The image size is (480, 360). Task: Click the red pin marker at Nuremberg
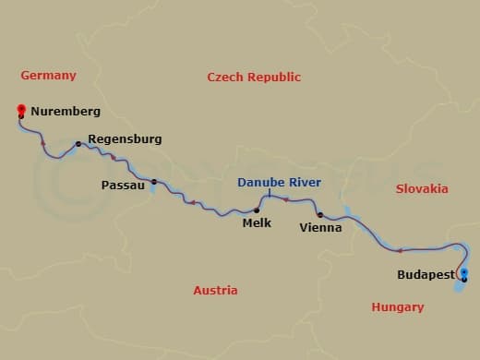pos(20,111)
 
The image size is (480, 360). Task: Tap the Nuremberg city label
pos(65,112)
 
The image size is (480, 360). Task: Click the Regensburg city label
pos(125,139)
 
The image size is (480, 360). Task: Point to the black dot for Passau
pos(153,182)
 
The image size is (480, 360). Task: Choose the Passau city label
pos(124,186)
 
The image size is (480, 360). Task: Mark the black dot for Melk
pos(256,210)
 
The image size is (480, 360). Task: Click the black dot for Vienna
pos(319,215)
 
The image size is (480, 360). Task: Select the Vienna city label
pos(320,227)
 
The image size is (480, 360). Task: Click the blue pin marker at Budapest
pos(463,272)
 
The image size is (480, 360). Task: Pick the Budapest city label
pos(425,275)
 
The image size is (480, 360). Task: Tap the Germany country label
pos(48,76)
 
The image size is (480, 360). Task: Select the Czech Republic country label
pos(254,78)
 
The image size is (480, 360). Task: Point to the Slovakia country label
pos(422,188)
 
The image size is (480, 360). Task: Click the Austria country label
pos(215,290)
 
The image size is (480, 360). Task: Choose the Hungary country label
pos(397,307)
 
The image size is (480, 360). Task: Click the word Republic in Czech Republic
pos(273,78)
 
